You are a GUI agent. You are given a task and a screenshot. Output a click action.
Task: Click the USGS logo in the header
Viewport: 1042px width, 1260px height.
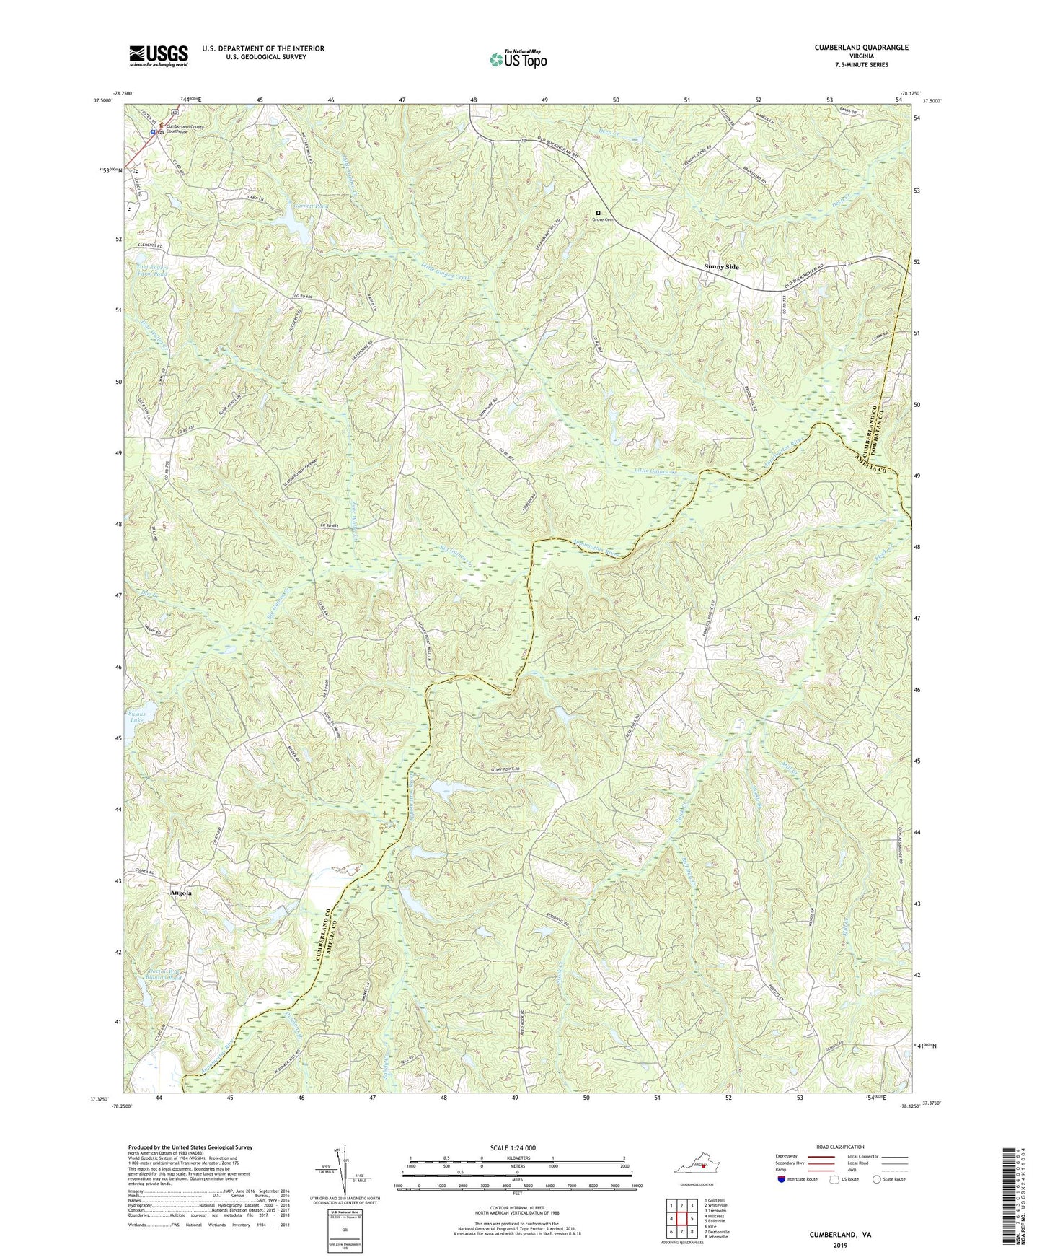(159, 55)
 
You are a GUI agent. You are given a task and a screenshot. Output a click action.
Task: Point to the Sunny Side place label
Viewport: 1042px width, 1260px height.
(721, 267)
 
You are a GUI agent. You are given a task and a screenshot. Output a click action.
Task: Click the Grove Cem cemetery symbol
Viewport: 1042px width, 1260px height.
(598, 213)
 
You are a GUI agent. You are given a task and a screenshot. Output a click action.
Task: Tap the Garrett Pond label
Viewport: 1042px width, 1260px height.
(290, 205)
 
